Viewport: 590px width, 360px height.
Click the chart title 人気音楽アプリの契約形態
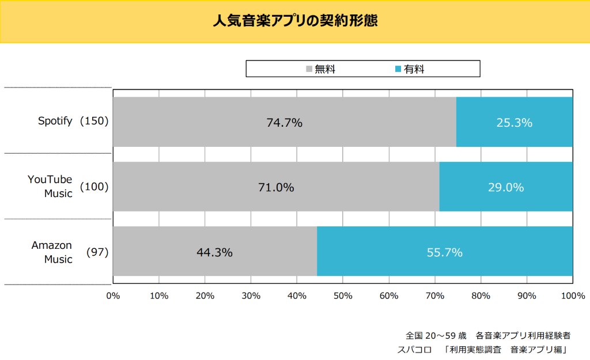(x=294, y=21)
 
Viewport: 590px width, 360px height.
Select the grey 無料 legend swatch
(x=309, y=69)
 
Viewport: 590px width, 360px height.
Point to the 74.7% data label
(x=284, y=123)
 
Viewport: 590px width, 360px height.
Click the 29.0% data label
(x=506, y=187)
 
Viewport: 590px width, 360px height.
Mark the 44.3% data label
(x=214, y=252)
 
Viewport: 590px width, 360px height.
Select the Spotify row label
(x=55, y=121)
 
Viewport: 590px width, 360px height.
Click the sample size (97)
(x=97, y=252)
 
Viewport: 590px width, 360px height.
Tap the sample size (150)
(x=94, y=121)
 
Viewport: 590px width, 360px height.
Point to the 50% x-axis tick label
(x=343, y=295)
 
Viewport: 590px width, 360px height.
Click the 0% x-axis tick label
(x=113, y=295)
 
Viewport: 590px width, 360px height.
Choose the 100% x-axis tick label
(x=573, y=295)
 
